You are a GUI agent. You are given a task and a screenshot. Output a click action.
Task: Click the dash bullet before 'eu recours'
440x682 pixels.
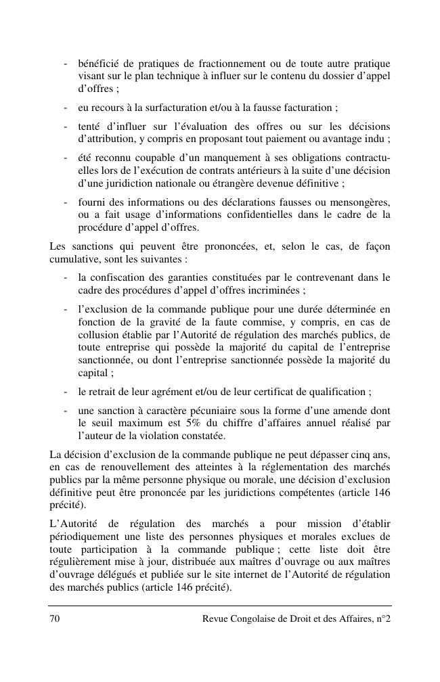(65, 108)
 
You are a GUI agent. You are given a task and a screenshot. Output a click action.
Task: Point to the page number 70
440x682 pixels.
(54, 619)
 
